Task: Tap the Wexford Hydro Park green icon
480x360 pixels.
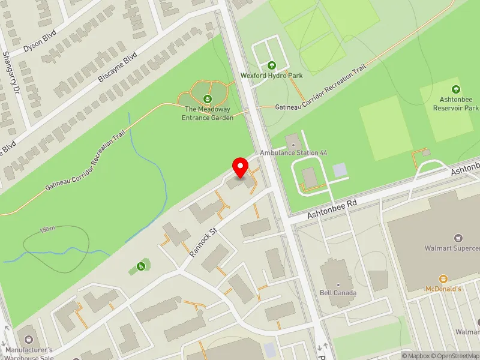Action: coord(271,65)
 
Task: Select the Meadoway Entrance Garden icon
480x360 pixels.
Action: coord(208,98)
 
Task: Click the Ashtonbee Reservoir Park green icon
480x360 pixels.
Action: coord(455,89)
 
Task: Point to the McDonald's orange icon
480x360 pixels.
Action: coord(443,279)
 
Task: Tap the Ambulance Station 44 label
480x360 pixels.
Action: coord(293,153)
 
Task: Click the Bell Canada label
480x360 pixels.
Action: coord(338,293)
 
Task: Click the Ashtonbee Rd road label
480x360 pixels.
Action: coord(332,209)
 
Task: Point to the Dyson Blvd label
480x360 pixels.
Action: coord(40,40)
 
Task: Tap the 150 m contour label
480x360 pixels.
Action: coord(47,229)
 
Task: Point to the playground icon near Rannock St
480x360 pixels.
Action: coord(141,266)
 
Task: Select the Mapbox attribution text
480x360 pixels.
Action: coord(418,356)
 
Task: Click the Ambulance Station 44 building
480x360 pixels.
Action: coord(293,142)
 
